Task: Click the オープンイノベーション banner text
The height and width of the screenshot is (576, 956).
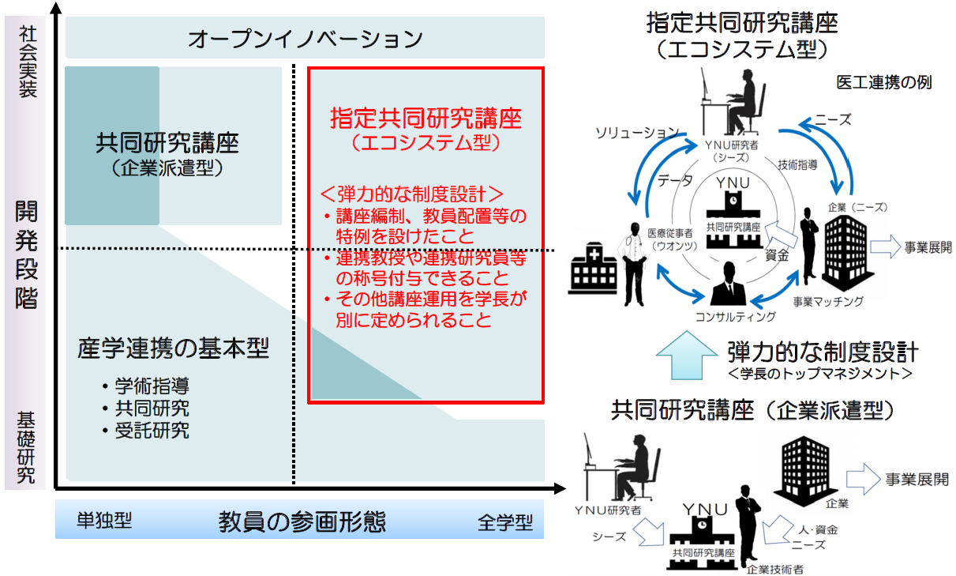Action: pos(306,39)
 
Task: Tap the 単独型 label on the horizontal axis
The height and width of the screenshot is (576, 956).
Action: pos(104,520)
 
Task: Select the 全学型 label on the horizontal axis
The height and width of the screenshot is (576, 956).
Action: pos(505,522)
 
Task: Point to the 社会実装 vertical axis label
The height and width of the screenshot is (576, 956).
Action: pos(28,62)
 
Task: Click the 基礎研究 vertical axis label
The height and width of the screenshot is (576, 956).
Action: pos(26,447)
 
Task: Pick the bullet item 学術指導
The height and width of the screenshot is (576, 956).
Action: pos(152,386)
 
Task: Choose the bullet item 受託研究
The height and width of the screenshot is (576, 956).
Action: pos(152,431)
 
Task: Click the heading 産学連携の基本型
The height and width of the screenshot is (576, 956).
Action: pos(173,348)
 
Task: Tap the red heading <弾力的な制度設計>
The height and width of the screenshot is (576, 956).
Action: pos(411,194)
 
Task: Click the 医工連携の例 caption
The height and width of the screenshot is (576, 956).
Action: pos(884,82)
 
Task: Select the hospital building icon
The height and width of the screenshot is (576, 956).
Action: pos(593,269)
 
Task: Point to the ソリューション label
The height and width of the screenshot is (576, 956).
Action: pos(637,133)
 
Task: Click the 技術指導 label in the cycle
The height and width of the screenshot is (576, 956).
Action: pos(797,164)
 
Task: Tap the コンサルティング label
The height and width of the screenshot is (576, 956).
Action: pos(735,317)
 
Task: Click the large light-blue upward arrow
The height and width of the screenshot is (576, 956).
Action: pos(686,355)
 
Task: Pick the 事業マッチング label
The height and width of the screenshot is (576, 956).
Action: pos(828,301)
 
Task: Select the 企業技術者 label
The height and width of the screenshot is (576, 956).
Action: pos(775,569)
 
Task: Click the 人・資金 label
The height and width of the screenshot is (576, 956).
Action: pos(818,530)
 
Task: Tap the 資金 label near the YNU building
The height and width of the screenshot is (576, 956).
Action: pos(777,255)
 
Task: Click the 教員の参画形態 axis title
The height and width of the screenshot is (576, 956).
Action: pos(302,521)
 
